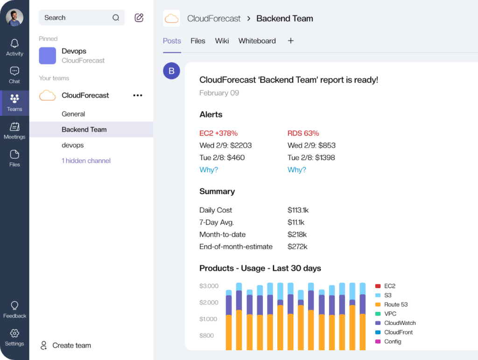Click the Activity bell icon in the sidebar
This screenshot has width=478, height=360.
coord(14,44)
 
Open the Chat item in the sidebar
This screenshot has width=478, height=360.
coord(14,71)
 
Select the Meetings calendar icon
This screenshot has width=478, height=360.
coord(14,127)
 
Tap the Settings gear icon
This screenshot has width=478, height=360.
coord(14,333)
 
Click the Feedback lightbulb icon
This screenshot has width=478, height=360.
coord(14,306)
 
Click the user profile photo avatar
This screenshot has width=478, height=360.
coord(14,18)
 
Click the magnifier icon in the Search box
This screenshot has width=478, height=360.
coord(116,18)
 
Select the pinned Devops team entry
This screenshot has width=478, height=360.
coord(74,56)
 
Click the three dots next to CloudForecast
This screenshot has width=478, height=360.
coord(138,95)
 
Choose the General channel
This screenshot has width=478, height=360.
coord(73,114)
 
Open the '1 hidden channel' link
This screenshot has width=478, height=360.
coord(86,161)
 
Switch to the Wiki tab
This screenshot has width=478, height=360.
coord(222,41)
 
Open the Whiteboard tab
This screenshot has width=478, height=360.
coord(257,41)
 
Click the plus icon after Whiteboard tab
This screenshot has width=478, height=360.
coord(291,41)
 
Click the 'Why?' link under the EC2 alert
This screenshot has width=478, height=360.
coord(209,169)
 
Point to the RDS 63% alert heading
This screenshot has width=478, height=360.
coord(303,133)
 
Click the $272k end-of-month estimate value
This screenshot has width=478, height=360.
coord(297,247)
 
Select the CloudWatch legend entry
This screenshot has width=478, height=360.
coord(400,323)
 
